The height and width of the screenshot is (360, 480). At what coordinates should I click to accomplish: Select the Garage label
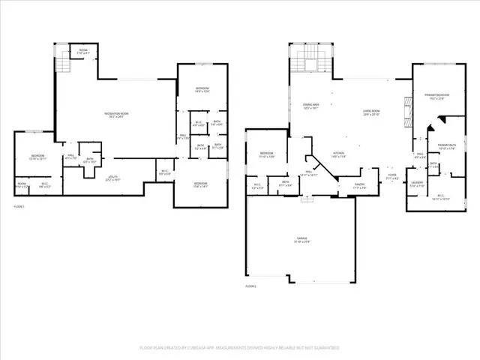click(x=302, y=241)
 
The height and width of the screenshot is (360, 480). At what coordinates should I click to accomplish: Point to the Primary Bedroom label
click(x=437, y=96)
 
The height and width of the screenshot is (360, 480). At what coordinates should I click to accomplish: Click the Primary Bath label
click(x=447, y=146)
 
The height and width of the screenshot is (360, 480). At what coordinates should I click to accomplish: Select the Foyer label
click(x=391, y=176)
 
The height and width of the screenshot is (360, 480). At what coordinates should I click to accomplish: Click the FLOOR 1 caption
click(x=19, y=206)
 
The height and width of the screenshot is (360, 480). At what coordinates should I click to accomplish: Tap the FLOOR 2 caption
click(x=250, y=286)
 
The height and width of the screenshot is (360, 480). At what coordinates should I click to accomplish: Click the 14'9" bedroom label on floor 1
click(x=202, y=90)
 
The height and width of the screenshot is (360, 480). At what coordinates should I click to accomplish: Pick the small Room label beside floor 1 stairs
click(x=81, y=52)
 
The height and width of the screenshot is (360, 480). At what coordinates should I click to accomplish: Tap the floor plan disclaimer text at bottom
click(x=239, y=348)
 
